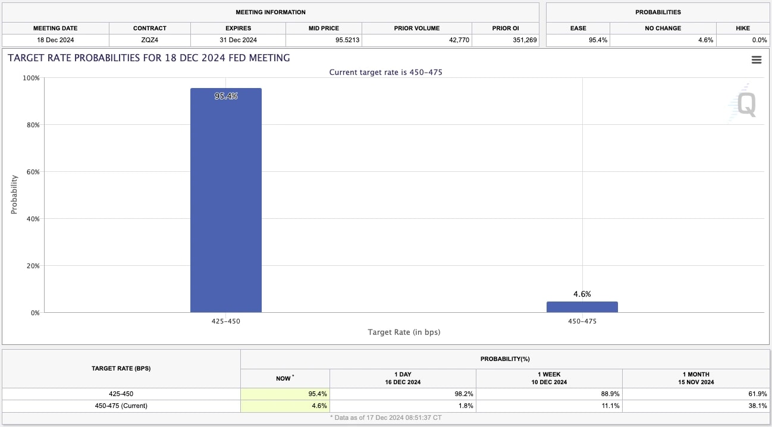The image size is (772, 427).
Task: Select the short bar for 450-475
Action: (582, 307)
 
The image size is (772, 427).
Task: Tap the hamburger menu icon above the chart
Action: (757, 59)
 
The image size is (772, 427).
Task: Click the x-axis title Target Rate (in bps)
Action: (404, 332)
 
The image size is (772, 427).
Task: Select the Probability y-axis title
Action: (14, 194)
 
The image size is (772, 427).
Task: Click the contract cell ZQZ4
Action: (149, 40)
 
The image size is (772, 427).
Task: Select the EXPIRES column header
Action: (238, 28)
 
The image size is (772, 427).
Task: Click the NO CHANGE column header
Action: (663, 28)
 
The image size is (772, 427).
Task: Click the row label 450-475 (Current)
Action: (121, 406)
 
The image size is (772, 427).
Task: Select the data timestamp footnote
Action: (386, 418)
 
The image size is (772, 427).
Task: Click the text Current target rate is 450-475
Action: (386, 72)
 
